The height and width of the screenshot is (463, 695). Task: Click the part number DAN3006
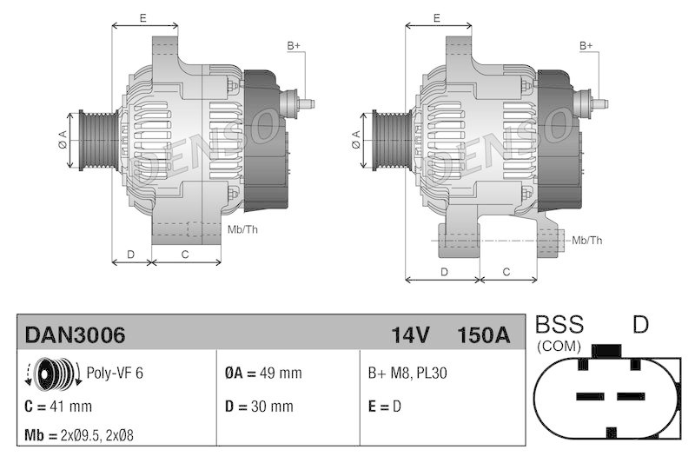point(75,334)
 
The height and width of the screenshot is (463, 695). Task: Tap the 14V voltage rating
point(410,334)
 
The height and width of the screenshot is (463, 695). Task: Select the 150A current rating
point(483,334)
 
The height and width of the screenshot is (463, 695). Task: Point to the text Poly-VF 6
point(115,373)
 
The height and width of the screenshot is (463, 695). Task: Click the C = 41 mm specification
point(59,406)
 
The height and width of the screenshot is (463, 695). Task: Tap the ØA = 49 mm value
point(263,373)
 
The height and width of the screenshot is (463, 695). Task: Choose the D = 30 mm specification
point(259,406)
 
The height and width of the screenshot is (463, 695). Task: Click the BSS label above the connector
point(559,326)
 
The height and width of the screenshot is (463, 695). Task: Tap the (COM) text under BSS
point(559,345)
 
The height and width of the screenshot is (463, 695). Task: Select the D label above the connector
point(640,326)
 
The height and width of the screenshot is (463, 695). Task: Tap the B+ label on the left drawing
point(294,45)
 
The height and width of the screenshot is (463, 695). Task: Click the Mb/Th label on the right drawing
point(587,240)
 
